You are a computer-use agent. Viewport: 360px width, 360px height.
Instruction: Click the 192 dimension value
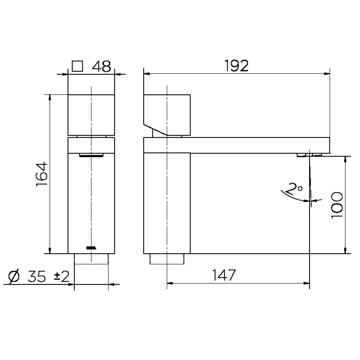tap(236, 66)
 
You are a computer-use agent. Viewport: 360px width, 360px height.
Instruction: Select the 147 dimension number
tap(224, 275)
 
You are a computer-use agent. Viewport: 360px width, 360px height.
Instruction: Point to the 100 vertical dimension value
tap(337, 205)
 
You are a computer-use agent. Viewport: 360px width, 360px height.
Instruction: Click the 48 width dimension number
tap(102, 67)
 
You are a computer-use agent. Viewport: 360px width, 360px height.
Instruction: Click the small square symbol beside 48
tap(77, 66)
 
